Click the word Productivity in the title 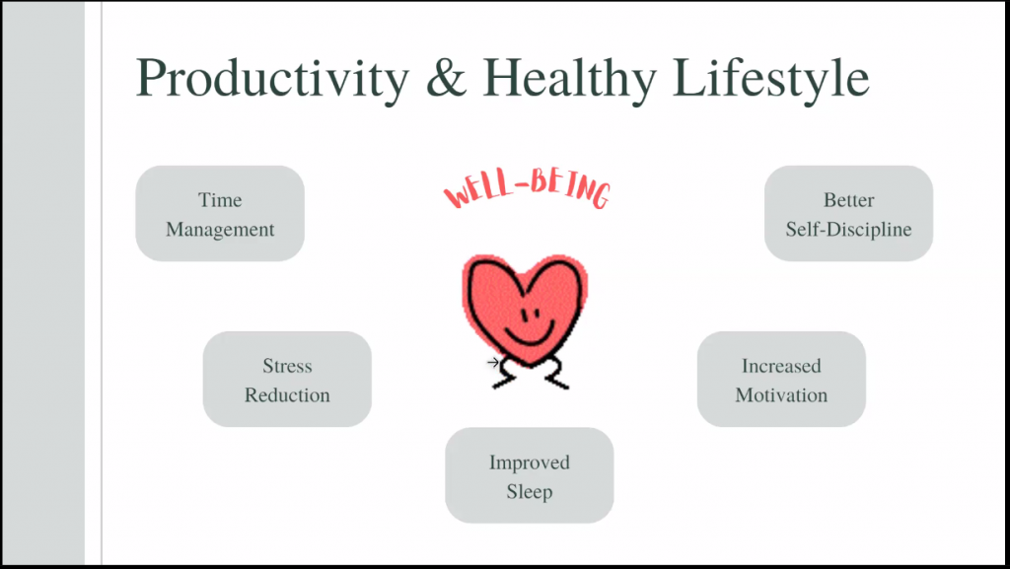[272, 79]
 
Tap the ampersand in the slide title [446, 77]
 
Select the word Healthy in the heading [570, 79]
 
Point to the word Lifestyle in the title [771, 79]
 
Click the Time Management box [220, 214]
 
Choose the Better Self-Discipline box [848, 214]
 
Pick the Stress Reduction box [287, 379]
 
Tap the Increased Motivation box [781, 379]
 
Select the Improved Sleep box [530, 475]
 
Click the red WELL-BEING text [528, 191]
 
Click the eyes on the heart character [530, 316]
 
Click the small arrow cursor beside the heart [493, 363]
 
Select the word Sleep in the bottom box [530, 492]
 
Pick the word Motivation [781, 394]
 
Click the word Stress [287, 366]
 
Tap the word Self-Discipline [848, 230]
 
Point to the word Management [220, 230]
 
